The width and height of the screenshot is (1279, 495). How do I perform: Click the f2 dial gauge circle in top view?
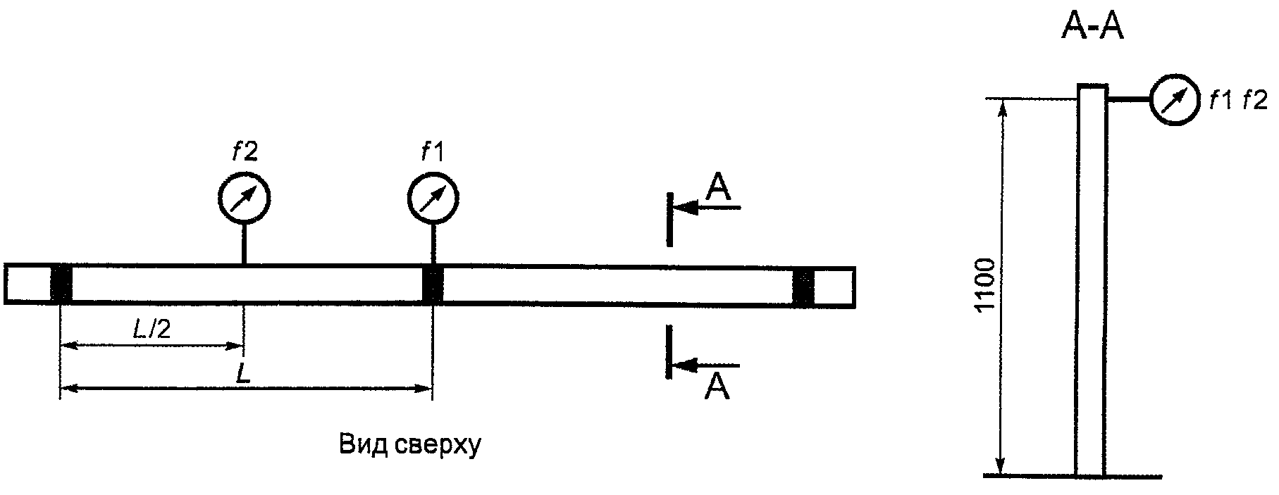point(244,198)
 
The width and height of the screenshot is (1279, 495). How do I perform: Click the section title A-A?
point(1092,28)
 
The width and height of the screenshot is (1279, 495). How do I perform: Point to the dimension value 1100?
point(987,285)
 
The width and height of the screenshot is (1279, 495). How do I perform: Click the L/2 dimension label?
point(152,330)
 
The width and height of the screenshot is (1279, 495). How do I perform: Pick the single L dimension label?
point(243,373)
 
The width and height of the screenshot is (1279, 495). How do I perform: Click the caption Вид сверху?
point(409,446)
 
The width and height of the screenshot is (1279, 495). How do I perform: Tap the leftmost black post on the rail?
point(62,284)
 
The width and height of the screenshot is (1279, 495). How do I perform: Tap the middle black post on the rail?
point(433,284)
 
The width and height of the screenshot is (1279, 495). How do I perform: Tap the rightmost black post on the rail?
point(803,285)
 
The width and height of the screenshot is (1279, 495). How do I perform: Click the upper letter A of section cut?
point(719,189)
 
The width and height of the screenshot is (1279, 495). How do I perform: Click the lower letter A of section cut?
point(717,387)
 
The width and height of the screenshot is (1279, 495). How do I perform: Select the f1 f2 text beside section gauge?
point(1237,101)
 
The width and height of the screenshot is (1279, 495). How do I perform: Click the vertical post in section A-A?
point(1091,282)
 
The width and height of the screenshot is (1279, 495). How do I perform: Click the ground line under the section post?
point(1071,476)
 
